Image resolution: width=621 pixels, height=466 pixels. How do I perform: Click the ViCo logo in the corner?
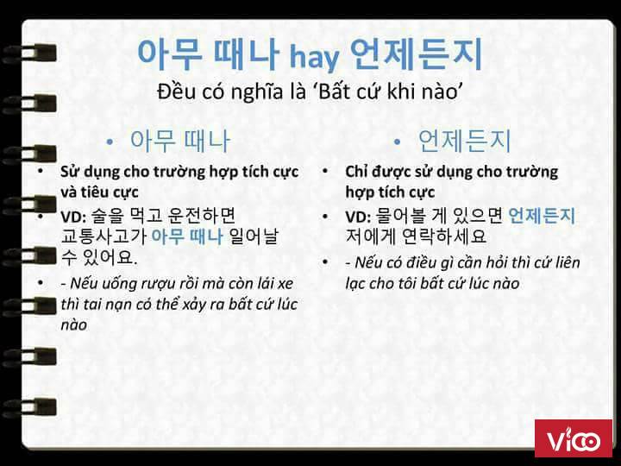pos(573,438)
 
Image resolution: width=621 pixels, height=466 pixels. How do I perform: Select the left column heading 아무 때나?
pos(179,141)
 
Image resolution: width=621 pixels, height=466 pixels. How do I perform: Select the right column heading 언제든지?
pos(465,141)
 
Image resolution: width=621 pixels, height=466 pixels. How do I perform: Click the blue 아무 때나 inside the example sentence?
pos(187,236)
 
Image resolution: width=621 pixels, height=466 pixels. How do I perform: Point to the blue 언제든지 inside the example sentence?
pos(541,216)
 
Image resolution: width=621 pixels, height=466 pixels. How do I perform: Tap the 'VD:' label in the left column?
pos(73,217)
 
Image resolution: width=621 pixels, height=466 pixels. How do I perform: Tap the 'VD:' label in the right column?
pos(358,217)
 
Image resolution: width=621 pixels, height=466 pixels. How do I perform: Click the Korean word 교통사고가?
pos(104,236)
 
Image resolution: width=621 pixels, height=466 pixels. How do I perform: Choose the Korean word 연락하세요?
pos(443,236)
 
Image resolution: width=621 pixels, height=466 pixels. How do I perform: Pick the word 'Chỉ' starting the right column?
pos(355,172)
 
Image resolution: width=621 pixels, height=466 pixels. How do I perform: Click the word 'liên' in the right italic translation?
pos(566,262)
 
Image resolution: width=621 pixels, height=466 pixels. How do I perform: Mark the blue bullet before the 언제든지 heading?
pos(398,142)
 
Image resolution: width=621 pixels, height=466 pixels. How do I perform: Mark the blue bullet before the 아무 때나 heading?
pos(110,142)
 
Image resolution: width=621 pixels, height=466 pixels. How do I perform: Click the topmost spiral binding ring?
pos(29,54)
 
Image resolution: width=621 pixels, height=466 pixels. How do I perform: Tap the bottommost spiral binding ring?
pos(29,407)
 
